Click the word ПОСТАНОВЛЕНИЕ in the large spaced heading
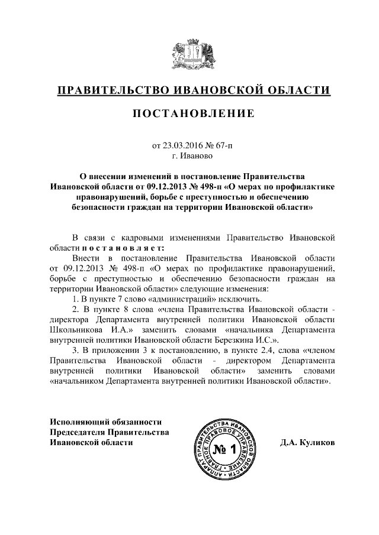(189, 113)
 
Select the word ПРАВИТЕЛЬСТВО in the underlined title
(110, 90)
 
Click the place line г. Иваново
(189, 156)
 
